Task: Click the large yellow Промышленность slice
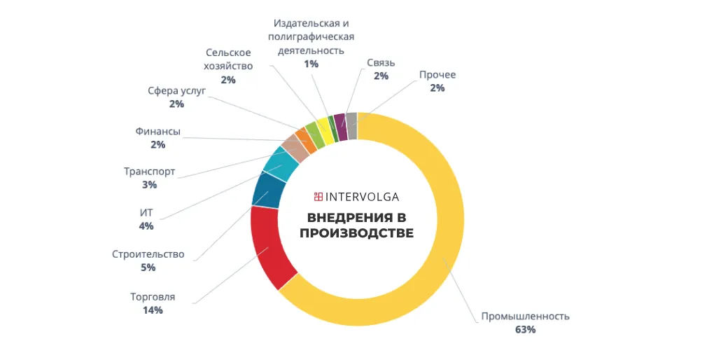click(448, 231)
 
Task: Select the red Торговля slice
click(269, 249)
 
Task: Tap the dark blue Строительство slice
click(268, 191)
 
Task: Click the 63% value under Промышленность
click(525, 329)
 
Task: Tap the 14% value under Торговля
click(153, 310)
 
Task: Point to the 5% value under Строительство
click(148, 268)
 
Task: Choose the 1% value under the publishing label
click(311, 64)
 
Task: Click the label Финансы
click(157, 131)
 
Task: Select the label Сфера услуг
click(176, 90)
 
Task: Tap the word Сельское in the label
click(228, 53)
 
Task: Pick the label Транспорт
click(149, 172)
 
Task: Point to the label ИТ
click(146, 213)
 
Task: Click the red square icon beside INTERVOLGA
click(318, 197)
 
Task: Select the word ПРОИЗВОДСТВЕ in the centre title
click(356, 233)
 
